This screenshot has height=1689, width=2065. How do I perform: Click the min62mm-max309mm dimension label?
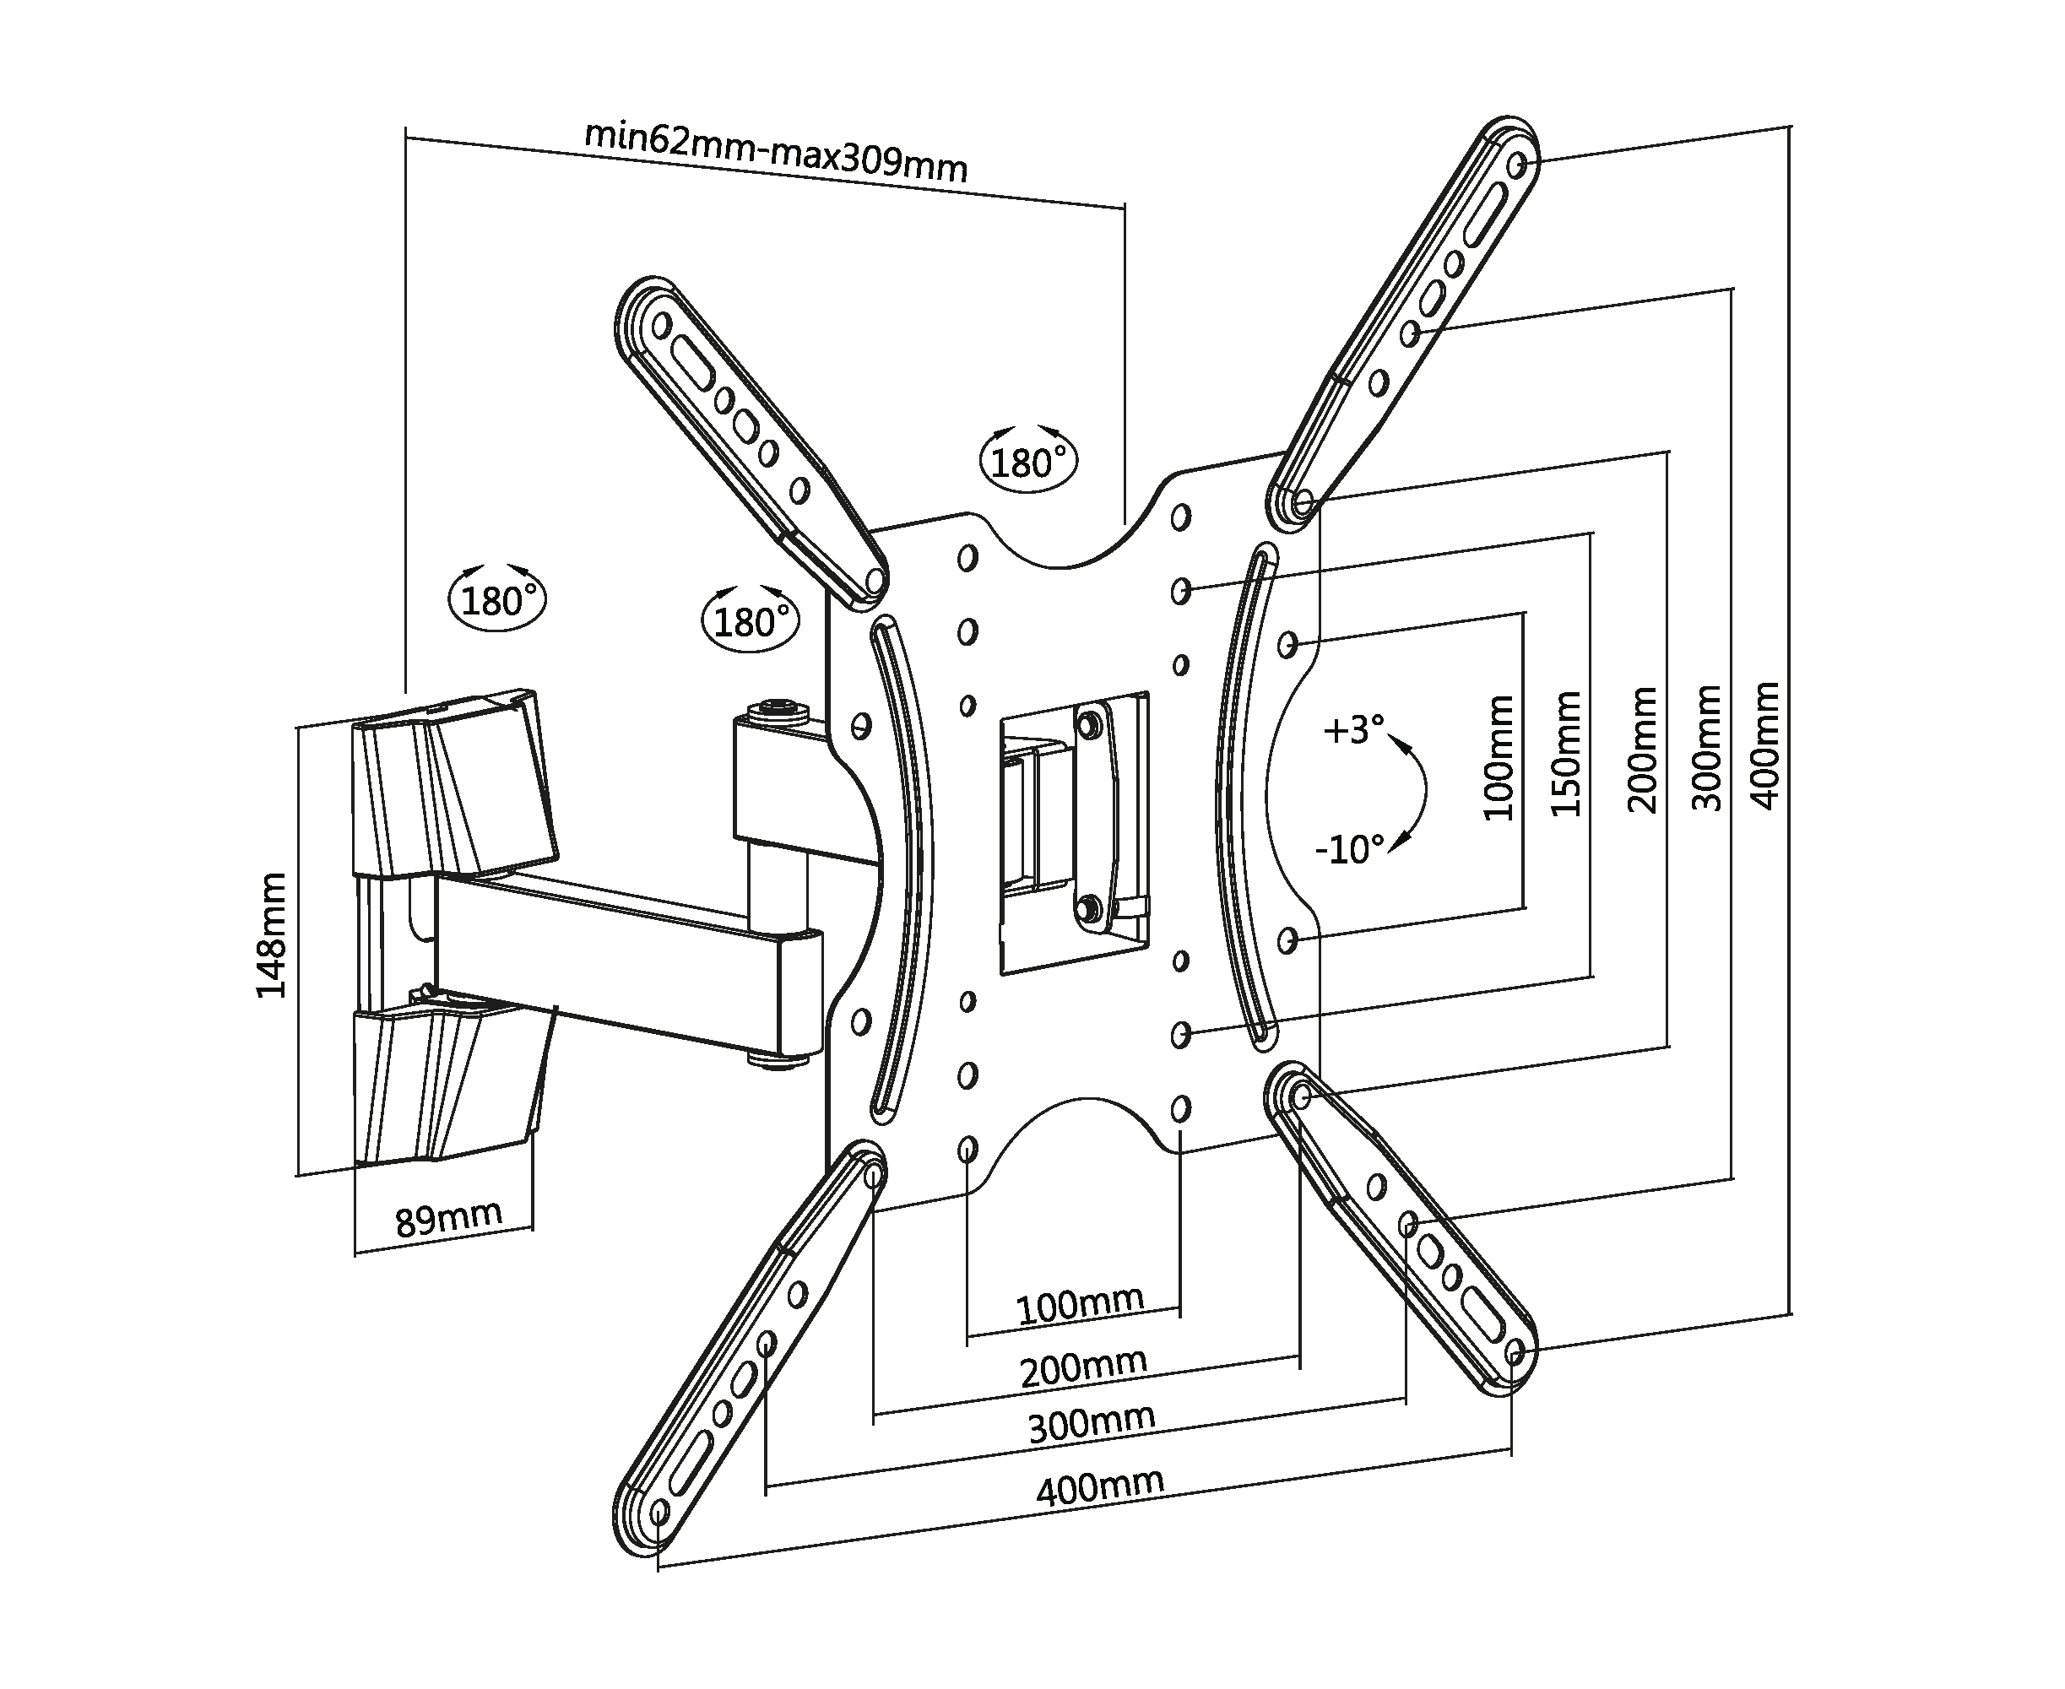(x=776, y=152)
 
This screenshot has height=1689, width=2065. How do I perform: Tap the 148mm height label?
(x=273, y=935)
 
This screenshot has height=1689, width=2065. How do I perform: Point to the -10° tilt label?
(x=1350, y=849)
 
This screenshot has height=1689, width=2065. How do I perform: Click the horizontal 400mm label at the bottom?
(x=1100, y=1486)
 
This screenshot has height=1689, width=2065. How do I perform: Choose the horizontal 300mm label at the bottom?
(x=1092, y=1423)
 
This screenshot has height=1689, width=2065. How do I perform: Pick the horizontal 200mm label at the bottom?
(x=1083, y=1366)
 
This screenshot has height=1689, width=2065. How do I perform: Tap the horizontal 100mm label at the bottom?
(x=1080, y=1306)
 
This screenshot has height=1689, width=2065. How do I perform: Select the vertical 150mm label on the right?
(x=1566, y=754)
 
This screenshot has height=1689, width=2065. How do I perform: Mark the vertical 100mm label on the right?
(x=1499, y=758)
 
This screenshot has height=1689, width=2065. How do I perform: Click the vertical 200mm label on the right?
(x=1643, y=750)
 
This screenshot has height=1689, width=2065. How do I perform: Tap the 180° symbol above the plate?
(x=1028, y=458)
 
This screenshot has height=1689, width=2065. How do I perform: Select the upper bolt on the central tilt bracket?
(x=1090, y=723)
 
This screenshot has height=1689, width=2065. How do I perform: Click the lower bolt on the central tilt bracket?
(x=1090, y=907)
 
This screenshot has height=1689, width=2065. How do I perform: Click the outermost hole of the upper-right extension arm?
(x=1518, y=165)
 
